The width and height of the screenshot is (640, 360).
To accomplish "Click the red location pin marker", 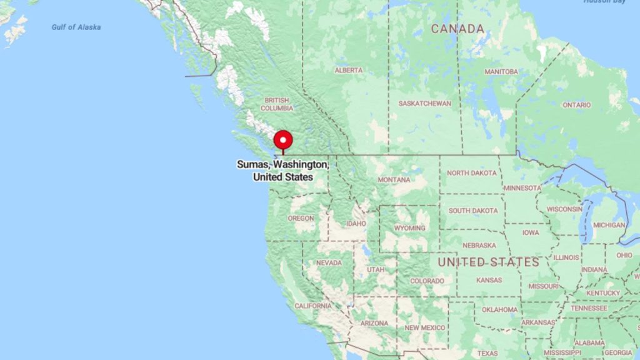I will point(283,139).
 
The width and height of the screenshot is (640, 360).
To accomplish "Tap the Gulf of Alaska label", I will point(76,27).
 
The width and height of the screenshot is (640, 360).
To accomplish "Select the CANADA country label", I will point(457,29).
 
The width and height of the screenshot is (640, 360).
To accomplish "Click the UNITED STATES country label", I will point(488,262).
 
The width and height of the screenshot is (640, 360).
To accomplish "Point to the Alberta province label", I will point(348,71).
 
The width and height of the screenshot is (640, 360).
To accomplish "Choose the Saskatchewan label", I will point(425,103).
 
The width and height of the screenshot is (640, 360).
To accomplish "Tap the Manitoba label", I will point(501,72).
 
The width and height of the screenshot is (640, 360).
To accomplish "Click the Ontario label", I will point(576,105).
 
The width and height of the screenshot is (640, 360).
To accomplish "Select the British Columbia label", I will point(277,104).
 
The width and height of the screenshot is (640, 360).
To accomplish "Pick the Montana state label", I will point(394,180).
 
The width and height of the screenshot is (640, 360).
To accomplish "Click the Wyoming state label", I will point(409,228).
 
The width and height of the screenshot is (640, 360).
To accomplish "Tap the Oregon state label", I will point(301,219).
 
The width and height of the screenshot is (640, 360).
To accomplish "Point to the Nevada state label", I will point(329,263).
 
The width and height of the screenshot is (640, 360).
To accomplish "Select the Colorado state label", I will point(427,281).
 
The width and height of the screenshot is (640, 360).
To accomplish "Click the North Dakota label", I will point(472,173).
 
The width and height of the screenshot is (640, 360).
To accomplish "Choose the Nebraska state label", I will point(479,246).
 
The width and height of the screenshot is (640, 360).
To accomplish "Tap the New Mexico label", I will point(425,327).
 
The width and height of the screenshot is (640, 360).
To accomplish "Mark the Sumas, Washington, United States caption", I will point(283,170).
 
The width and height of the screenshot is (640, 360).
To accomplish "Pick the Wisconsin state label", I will point(564,209).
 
